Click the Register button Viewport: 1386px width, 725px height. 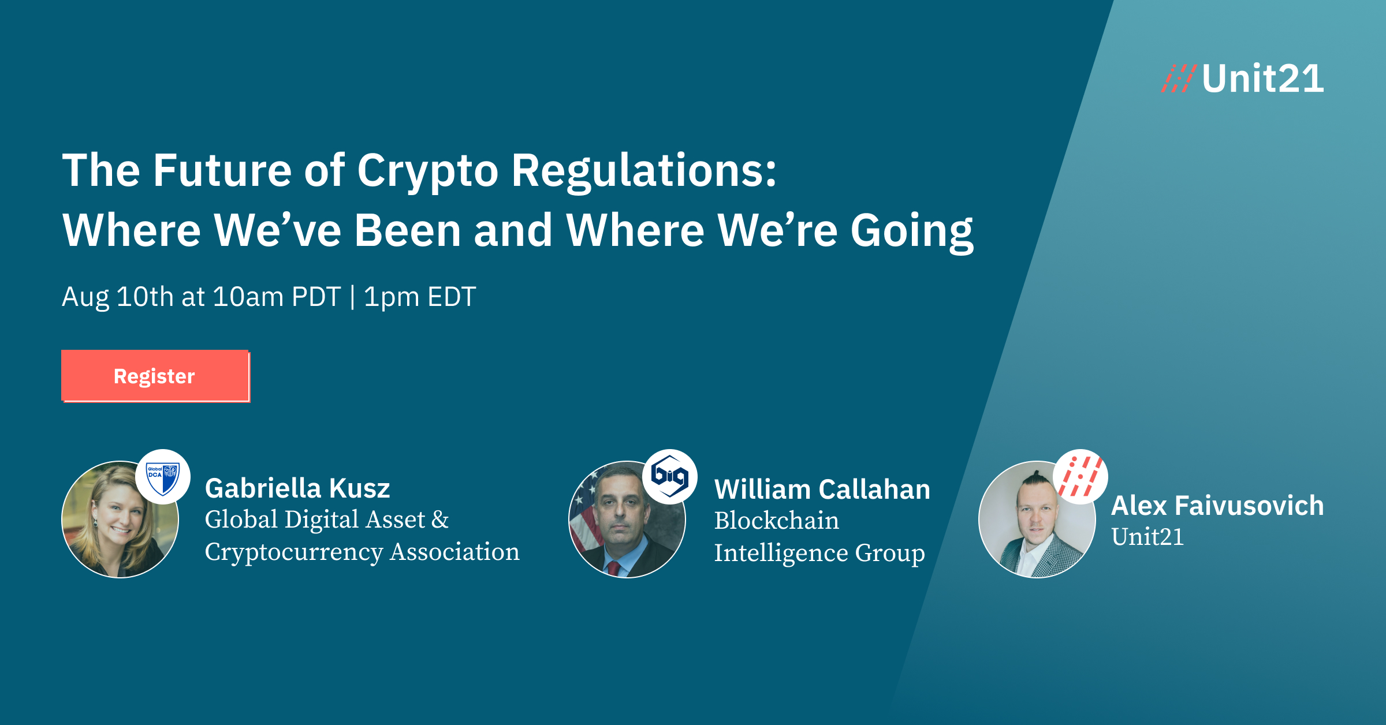[x=155, y=376]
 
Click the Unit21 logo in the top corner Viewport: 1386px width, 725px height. [x=1243, y=79]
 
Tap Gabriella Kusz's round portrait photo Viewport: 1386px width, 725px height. [x=115, y=522]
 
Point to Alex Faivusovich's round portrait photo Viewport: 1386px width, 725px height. [x=1034, y=522]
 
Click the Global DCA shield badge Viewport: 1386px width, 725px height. [x=163, y=477]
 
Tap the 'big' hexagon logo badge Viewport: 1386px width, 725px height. [x=670, y=476]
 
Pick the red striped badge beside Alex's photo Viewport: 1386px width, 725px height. [x=1081, y=477]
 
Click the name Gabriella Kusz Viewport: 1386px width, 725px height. [x=297, y=488]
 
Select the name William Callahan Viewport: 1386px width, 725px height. [x=822, y=489]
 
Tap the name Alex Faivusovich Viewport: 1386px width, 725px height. [x=1217, y=506]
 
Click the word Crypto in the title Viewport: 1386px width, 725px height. [x=427, y=171]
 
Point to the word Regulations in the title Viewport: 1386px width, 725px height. [x=644, y=171]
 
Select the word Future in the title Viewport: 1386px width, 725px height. [x=222, y=171]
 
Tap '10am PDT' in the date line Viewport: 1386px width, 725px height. [x=277, y=297]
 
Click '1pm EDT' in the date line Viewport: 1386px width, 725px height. [x=420, y=297]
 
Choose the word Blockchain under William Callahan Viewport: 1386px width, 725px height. [x=776, y=521]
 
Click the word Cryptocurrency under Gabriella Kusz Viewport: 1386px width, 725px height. [x=294, y=552]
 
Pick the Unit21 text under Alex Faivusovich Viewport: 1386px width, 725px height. [x=1147, y=537]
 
